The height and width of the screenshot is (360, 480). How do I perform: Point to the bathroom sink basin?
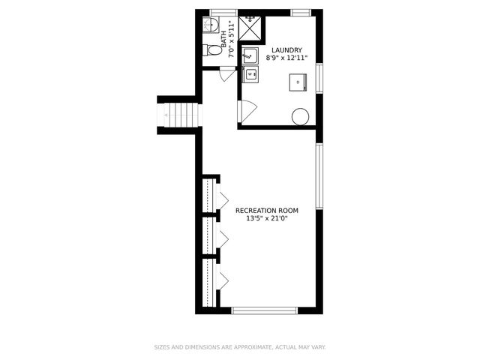(x=210, y=26)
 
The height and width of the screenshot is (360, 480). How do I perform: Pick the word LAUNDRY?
(x=287, y=49)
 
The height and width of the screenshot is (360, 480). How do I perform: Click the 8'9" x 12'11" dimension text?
(x=287, y=58)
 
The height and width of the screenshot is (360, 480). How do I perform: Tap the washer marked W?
(x=251, y=73)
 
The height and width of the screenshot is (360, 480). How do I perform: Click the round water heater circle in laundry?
(x=300, y=116)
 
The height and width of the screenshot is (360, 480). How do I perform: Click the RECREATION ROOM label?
(x=267, y=211)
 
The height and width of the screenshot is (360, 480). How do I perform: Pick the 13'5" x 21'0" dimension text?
(x=267, y=219)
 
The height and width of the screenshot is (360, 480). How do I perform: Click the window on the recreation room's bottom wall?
(x=264, y=310)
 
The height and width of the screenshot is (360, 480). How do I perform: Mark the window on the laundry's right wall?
(x=319, y=77)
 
